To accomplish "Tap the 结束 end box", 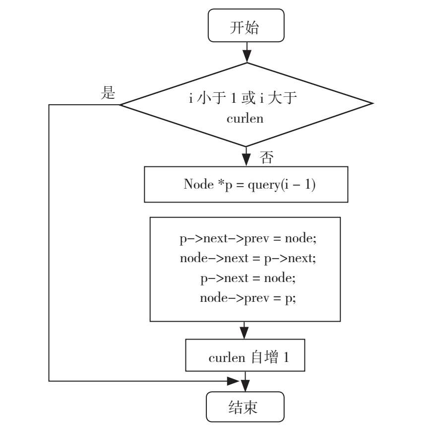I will [x=246, y=407].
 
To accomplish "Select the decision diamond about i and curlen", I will [x=246, y=105].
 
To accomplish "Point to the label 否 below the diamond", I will [x=266, y=158].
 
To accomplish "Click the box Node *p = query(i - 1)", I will [x=246, y=184].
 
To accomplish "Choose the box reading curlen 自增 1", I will [x=246, y=356].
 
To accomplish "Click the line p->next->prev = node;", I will [x=247, y=238].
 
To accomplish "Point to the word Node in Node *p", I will [x=194, y=184].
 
